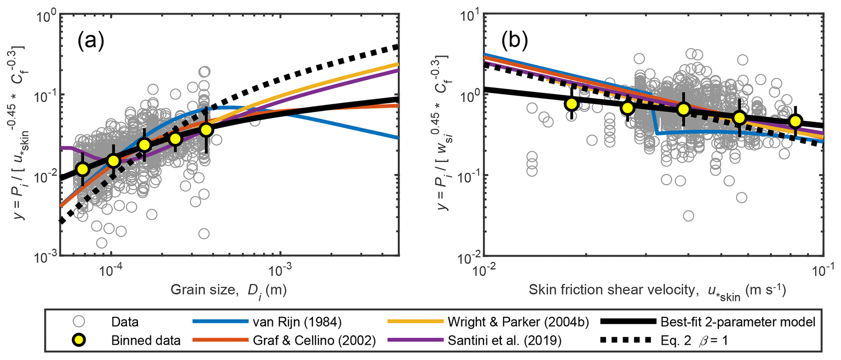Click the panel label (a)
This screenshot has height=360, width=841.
91,41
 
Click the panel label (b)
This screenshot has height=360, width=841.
515,41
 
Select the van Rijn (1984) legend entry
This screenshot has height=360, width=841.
297,322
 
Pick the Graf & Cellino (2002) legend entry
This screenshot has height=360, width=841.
314,340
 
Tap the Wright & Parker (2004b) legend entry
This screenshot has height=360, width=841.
518,322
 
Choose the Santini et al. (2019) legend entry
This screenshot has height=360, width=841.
505,340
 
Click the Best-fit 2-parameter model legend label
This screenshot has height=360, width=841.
738,322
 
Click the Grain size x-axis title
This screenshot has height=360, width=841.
228,290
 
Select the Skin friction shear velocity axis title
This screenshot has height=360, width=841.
657,290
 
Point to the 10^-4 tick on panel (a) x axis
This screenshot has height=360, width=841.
111,271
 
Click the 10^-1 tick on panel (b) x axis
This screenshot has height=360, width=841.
824,271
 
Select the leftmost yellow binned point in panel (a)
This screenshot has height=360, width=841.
83,169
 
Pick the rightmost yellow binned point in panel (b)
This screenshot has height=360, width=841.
795,121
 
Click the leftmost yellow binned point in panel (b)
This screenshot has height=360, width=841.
572,104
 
